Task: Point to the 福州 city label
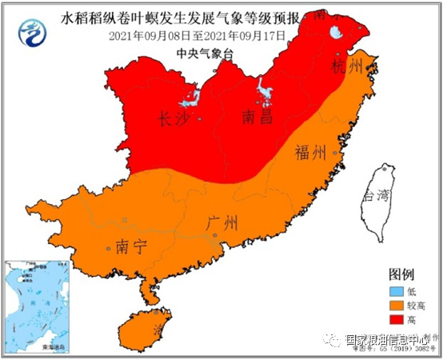[x=310, y=152]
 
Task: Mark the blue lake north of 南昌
[x=263, y=94]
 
